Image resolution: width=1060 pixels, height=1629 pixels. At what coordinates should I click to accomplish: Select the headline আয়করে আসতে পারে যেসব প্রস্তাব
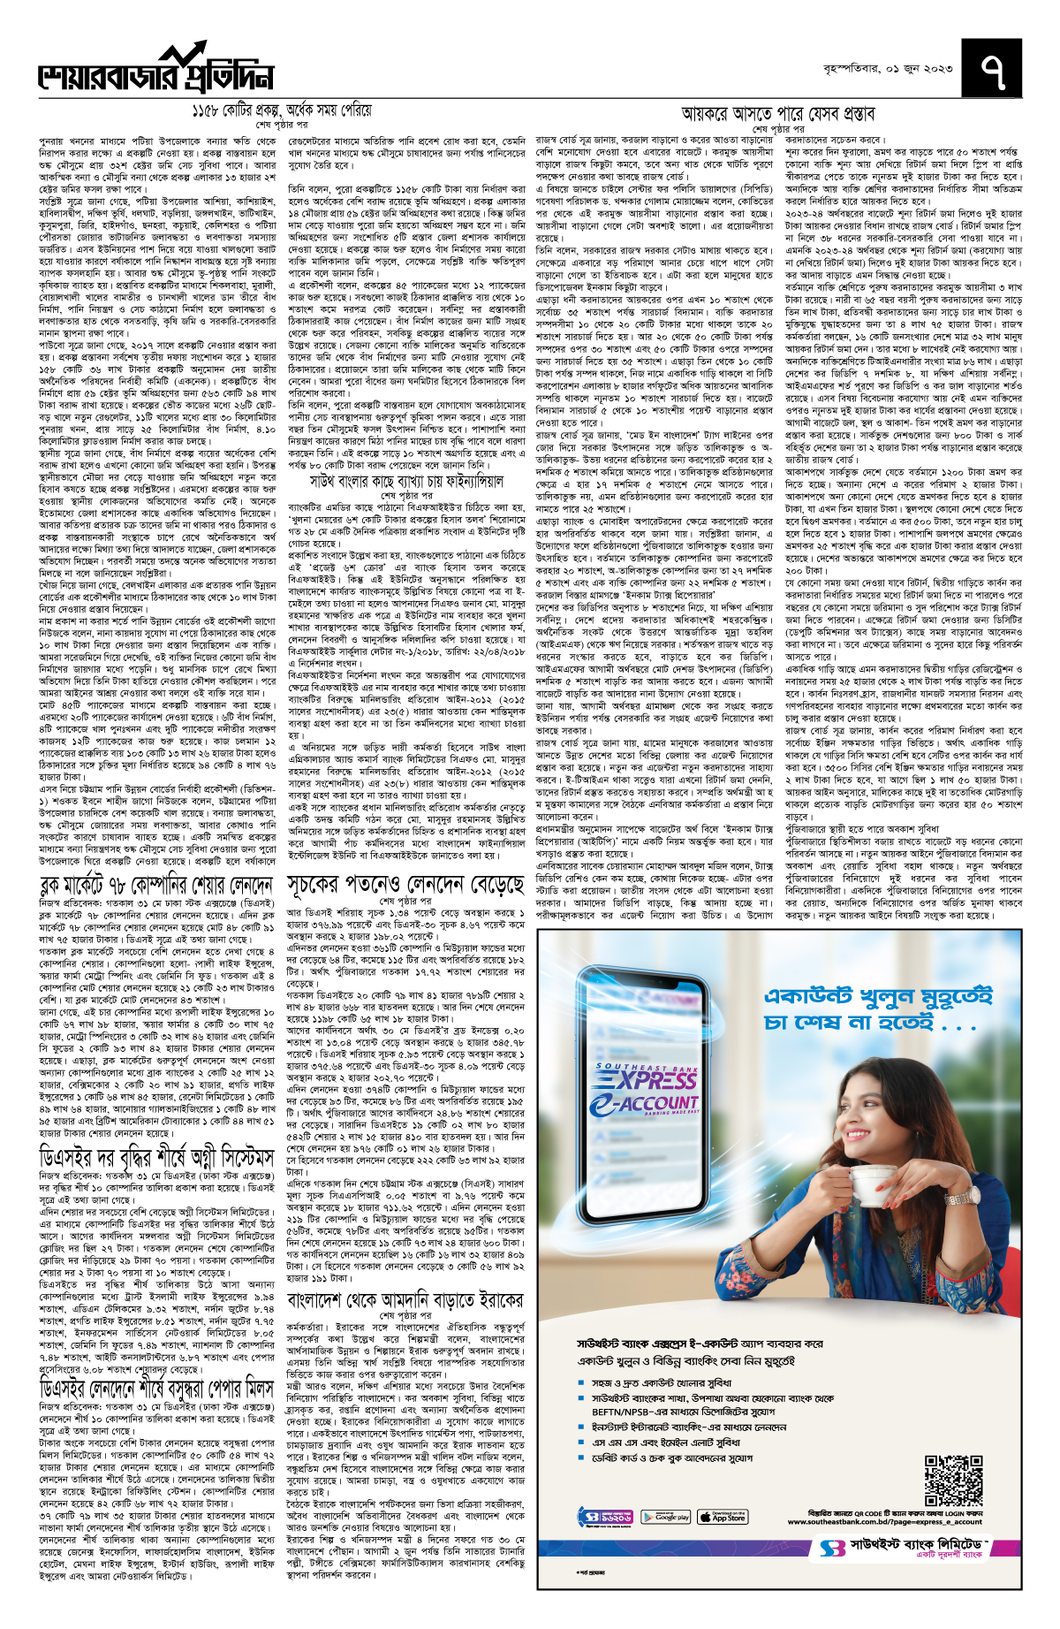(x=777, y=114)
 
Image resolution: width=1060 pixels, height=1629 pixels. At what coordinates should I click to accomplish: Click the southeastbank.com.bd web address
(x=884, y=1521)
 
